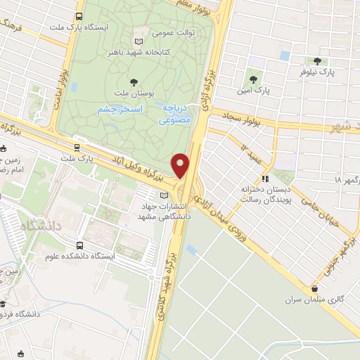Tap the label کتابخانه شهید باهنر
coord(146,51)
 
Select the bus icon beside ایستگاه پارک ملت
coord(78,15)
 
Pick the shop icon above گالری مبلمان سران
coord(321,287)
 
